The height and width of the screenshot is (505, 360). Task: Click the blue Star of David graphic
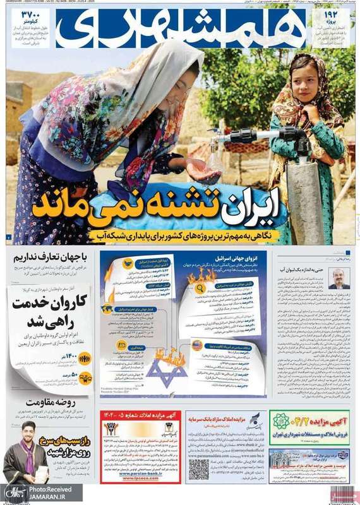coord(167,372)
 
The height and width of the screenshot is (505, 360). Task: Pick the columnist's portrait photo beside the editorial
coord(339,277)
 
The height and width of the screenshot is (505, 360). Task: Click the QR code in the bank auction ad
coord(198,468)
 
